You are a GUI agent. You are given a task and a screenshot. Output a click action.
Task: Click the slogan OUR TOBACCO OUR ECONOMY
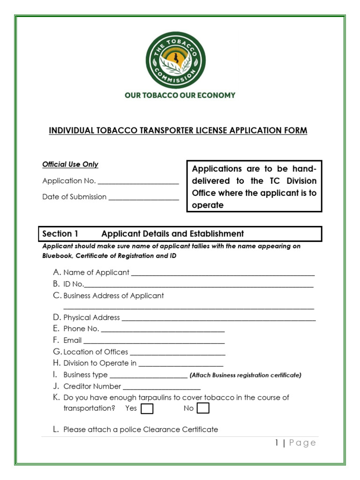[x=180, y=95]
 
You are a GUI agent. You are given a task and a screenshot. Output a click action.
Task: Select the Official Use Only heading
[x=70, y=165]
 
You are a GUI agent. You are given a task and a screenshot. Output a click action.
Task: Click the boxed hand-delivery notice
[x=254, y=187]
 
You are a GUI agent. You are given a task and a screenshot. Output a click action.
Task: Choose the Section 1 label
[x=60, y=233]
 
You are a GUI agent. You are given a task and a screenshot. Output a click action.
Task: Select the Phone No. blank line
[x=163, y=330]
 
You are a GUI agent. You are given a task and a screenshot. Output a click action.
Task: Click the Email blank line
[x=154, y=342]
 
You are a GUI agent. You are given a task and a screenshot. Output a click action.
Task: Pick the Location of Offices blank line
[x=177, y=354]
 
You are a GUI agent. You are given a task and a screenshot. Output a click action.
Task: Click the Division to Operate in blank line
[x=181, y=365]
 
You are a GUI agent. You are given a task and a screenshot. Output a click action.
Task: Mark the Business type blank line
[x=148, y=376]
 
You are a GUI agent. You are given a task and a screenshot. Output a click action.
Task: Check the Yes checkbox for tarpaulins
[x=147, y=409]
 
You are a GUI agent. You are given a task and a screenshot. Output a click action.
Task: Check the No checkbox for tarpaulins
[x=203, y=409]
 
